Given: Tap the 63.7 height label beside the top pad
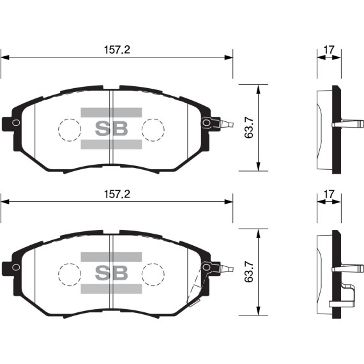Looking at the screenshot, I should [x=250, y=128].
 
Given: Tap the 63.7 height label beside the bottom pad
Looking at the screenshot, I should [x=250, y=273].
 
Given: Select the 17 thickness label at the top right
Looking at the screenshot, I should [x=330, y=49].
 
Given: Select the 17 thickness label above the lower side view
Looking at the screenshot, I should [x=330, y=194].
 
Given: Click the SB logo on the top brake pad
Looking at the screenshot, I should [x=112, y=128].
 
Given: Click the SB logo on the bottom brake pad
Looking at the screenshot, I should [x=112, y=273].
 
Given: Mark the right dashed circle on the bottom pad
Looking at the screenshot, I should [x=153, y=275].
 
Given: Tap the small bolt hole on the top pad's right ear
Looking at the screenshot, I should [x=206, y=122].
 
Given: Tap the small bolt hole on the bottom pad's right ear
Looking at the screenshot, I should [x=206, y=267].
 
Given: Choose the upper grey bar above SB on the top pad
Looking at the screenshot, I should [x=112, y=113].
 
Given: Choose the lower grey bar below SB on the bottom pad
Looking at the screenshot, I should [x=112, y=289].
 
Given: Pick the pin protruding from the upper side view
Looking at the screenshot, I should [x=347, y=123].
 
